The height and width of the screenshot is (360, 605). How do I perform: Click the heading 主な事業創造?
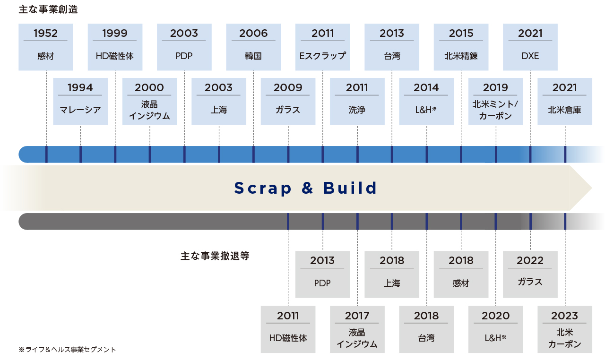pos(48,9)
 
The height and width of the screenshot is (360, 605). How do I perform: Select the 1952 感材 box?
pos(46,47)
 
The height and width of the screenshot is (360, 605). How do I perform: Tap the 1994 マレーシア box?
pos(80,102)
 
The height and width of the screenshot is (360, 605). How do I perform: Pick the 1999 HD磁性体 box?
pos(115,47)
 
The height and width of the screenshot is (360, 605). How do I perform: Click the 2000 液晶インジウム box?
pos(150,102)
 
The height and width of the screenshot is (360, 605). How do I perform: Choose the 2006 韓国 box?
pos(253,47)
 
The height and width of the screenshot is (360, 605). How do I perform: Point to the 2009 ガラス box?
pos(288,102)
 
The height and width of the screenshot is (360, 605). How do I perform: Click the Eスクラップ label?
pos(322,56)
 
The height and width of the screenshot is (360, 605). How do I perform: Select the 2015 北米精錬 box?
pos(461,47)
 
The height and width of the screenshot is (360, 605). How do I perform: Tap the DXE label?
pos(530,56)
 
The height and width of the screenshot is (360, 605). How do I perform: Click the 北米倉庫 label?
pos(565,110)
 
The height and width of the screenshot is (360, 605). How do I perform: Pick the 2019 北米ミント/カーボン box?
pos(496,102)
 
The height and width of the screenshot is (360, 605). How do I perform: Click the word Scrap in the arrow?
pos(263,189)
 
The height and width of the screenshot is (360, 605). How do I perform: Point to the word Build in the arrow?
pos(350,188)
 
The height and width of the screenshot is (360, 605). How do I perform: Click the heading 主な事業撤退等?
pos(215,256)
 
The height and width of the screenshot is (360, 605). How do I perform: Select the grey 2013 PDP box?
pos(322,274)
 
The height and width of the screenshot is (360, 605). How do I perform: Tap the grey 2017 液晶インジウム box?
pos(357,329)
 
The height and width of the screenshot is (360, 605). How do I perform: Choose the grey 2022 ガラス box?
pos(530,274)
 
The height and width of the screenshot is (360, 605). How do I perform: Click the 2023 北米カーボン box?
pos(565,329)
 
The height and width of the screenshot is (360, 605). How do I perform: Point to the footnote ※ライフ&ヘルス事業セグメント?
pos(67,350)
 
